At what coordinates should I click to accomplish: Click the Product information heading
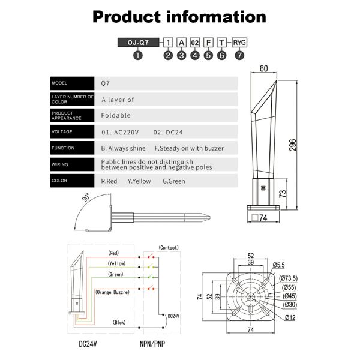(179, 16)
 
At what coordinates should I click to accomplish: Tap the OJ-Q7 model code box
(138, 43)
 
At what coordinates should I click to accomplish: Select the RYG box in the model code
(240, 43)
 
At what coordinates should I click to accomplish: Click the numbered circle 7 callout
(240, 55)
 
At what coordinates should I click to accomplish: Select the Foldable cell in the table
(116, 115)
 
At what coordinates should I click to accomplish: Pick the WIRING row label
(60, 164)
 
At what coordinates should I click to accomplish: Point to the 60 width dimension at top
(263, 68)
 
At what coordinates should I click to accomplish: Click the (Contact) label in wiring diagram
(169, 247)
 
